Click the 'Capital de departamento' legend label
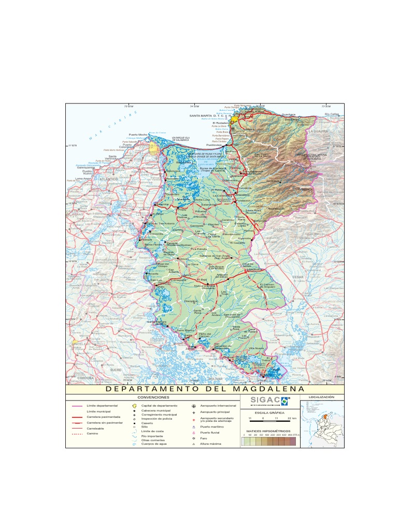[x=159, y=406]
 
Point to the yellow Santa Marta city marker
[x=234, y=119]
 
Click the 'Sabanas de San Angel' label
[x=215, y=256]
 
